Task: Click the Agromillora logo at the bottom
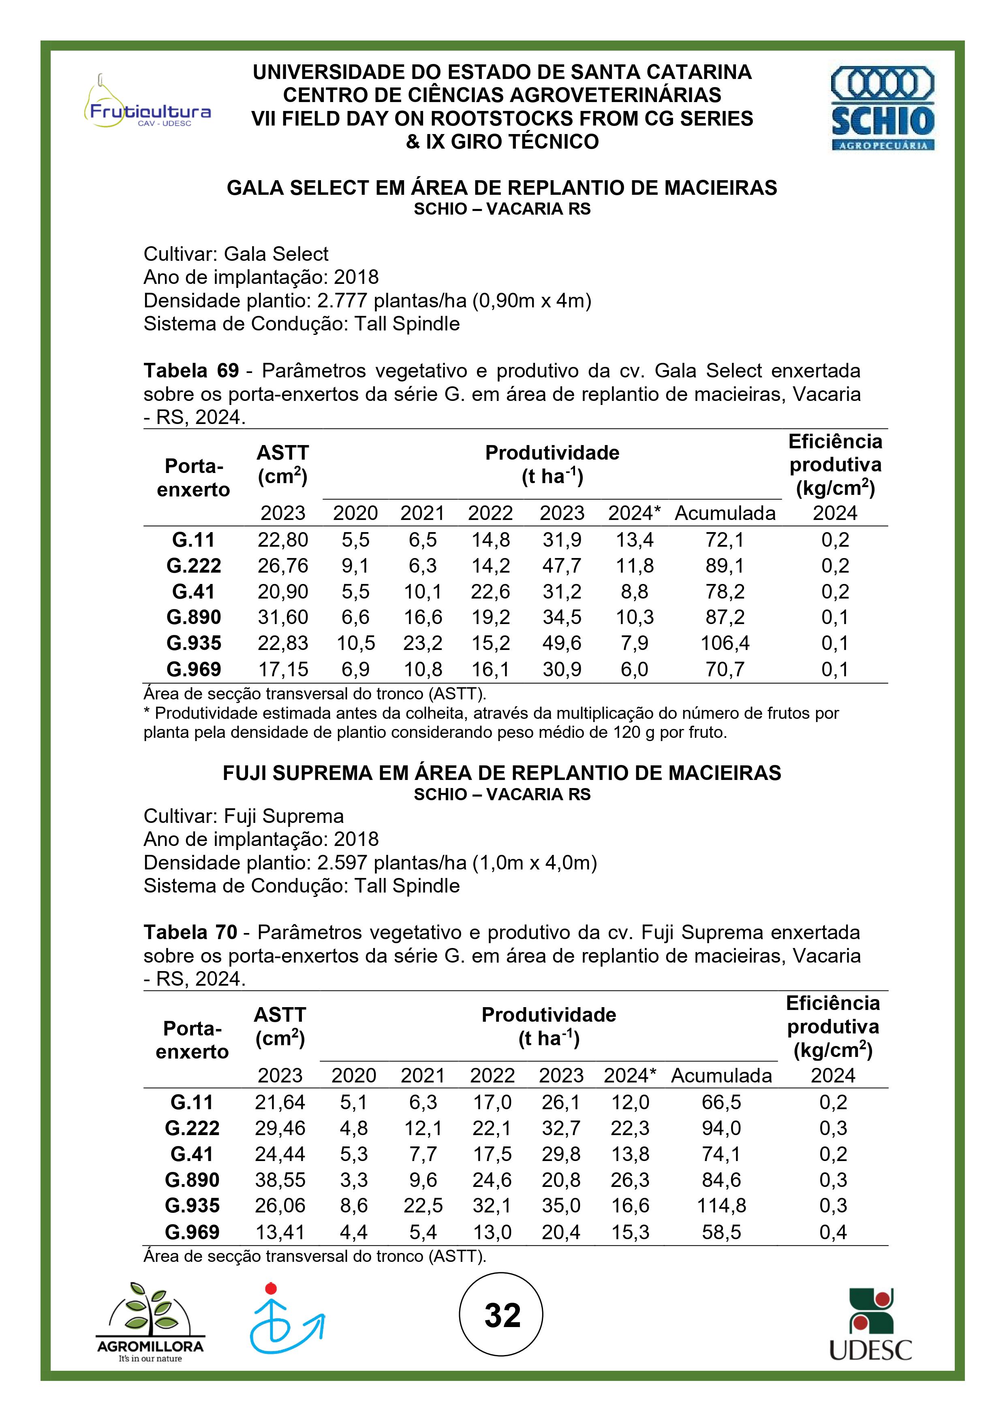[x=150, y=1322]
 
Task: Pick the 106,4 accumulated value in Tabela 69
[x=725, y=643]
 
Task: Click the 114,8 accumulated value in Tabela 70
[x=721, y=1205]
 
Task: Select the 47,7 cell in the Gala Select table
[x=562, y=566]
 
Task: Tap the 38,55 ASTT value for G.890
[x=280, y=1180]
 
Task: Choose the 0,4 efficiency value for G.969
[x=833, y=1231]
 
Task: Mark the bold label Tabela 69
[x=191, y=371]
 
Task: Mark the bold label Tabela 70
[x=190, y=933]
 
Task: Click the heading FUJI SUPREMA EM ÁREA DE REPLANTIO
[x=502, y=773]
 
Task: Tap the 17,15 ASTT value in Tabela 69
[x=282, y=669]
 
